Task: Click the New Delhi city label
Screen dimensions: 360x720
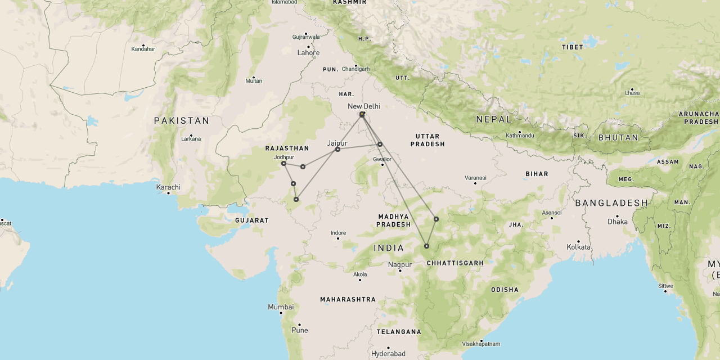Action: (x=363, y=106)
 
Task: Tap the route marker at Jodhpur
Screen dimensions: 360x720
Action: (x=283, y=164)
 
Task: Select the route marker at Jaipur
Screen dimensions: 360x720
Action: (x=337, y=150)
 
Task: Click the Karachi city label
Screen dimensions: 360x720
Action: (x=168, y=187)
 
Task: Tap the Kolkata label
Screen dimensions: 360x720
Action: (x=578, y=247)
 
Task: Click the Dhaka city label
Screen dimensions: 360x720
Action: (x=617, y=222)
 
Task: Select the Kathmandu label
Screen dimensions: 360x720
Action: (x=520, y=136)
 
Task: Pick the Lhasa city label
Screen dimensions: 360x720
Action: (x=632, y=93)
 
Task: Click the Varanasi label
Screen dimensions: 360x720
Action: (x=475, y=178)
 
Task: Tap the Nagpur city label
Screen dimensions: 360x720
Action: (x=400, y=264)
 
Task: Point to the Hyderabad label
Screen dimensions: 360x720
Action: (x=388, y=354)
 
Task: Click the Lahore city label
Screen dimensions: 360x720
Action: (x=308, y=53)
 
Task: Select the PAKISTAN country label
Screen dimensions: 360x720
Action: (x=182, y=120)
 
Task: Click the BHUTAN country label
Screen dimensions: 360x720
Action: (x=618, y=137)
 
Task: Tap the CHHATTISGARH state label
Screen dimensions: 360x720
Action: (x=455, y=263)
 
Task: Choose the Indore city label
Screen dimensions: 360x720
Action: (x=338, y=233)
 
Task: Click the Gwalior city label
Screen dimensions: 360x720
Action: (x=382, y=159)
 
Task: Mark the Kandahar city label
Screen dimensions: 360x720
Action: (x=143, y=49)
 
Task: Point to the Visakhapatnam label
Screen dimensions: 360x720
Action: (x=481, y=344)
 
